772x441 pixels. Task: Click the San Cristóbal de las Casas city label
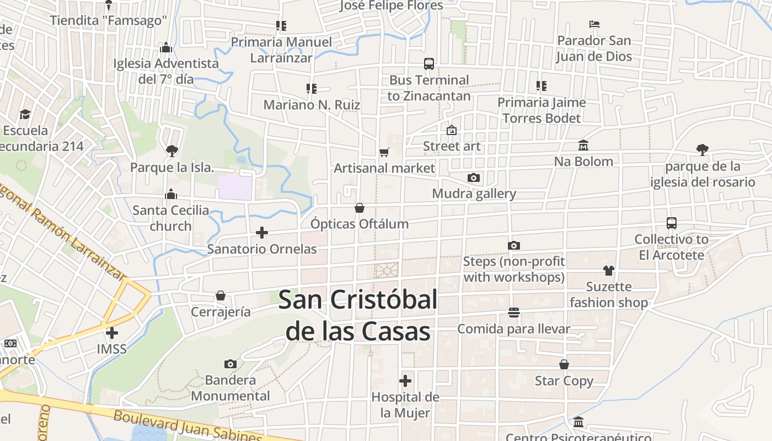pyautogui.click(x=357, y=315)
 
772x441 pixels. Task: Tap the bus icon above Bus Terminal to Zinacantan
pyautogui.click(x=429, y=63)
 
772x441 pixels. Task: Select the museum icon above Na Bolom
pyautogui.click(x=583, y=145)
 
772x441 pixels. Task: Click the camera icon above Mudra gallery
pyautogui.click(x=474, y=178)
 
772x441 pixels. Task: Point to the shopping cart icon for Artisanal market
pyautogui.click(x=384, y=152)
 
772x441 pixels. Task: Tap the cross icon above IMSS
pyautogui.click(x=112, y=332)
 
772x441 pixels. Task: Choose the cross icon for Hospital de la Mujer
pyautogui.click(x=405, y=381)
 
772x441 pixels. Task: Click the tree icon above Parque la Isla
pyautogui.click(x=171, y=150)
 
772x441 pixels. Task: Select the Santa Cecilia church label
pyautogui.click(x=171, y=218)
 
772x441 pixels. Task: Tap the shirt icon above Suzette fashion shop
pyautogui.click(x=608, y=270)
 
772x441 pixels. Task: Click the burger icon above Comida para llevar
pyautogui.click(x=514, y=313)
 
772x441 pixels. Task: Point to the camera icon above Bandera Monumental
pyautogui.click(x=230, y=364)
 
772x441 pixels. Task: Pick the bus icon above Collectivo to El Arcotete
pyautogui.click(x=672, y=223)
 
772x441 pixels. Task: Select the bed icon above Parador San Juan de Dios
pyautogui.click(x=594, y=24)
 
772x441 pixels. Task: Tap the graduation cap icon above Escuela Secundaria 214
pyautogui.click(x=25, y=114)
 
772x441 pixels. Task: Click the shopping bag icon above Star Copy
pyautogui.click(x=564, y=364)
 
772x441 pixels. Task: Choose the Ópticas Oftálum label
pyautogui.click(x=360, y=224)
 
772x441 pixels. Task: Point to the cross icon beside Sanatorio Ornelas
pyautogui.click(x=262, y=233)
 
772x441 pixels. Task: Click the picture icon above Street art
pyautogui.click(x=452, y=130)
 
